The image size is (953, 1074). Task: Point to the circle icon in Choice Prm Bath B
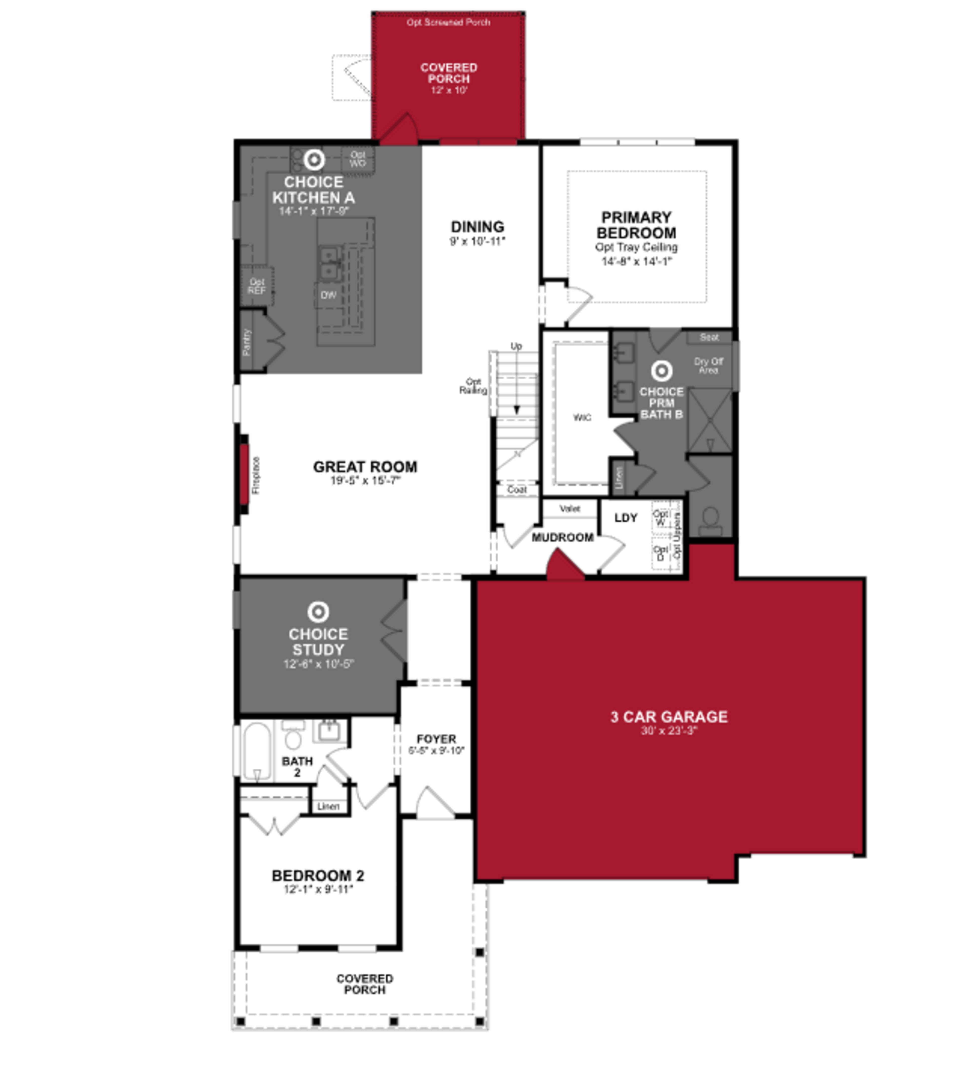pos(661,371)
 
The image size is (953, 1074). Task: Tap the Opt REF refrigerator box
pos(257,286)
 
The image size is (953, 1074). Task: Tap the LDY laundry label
pos(626,518)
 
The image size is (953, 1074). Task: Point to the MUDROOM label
pos(563,537)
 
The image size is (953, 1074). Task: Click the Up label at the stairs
pos(516,346)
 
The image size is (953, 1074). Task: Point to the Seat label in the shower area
pos(709,337)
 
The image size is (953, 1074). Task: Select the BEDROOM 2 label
pos(318,876)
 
